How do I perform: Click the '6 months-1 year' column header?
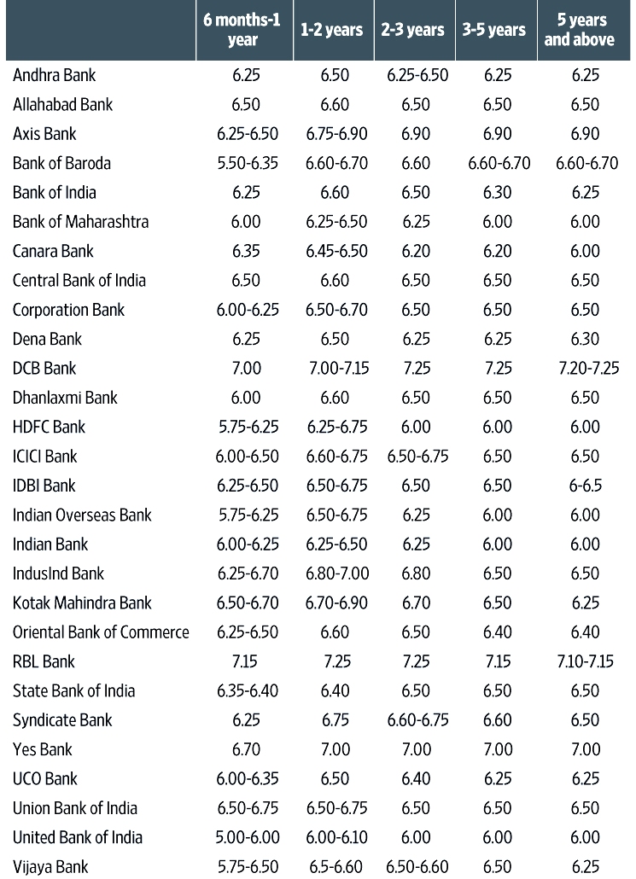click(243, 30)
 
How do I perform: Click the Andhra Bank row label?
click(55, 75)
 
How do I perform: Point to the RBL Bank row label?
click(44, 661)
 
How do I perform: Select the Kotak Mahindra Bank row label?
click(82, 602)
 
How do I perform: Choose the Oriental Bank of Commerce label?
click(101, 632)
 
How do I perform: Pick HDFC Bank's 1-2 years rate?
click(336, 427)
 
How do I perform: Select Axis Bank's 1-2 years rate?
click(336, 134)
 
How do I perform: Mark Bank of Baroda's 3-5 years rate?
click(499, 163)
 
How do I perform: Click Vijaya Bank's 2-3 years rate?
click(417, 867)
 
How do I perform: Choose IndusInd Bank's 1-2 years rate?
click(336, 573)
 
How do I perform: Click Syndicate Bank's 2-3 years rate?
click(417, 720)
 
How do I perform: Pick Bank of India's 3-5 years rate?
click(498, 193)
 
